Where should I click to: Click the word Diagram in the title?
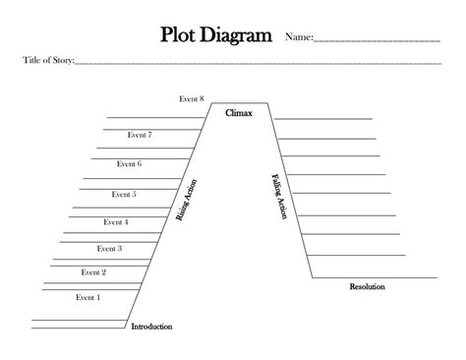point(235,36)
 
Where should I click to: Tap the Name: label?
point(299,38)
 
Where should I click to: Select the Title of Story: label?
point(48,61)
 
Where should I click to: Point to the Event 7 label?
point(140,134)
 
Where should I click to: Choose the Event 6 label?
point(129,164)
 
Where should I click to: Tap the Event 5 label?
point(124,195)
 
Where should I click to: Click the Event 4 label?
point(115,222)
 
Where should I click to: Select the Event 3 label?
point(109,249)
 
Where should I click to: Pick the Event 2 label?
point(93,272)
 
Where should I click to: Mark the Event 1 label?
point(87,296)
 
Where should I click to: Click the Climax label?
point(239,114)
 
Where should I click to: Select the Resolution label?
point(367,287)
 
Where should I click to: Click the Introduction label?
point(151,327)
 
